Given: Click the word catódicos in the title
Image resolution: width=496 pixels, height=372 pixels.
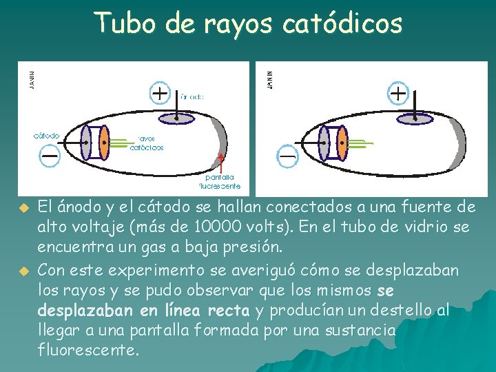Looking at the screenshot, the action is point(342,23).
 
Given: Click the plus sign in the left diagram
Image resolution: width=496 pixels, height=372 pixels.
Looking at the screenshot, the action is point(159,92).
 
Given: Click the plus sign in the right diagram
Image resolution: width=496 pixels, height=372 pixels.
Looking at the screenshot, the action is point(399,92).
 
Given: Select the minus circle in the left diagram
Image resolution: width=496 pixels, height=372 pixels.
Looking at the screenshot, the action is point(50,155).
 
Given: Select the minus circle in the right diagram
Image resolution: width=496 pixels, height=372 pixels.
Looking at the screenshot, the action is point(287,156).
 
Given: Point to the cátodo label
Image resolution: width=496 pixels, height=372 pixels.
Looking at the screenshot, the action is point(47,135).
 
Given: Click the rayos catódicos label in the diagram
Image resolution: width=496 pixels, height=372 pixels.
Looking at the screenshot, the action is point(147,143).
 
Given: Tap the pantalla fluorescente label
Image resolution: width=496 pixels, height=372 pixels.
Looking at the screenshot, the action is point(220,181).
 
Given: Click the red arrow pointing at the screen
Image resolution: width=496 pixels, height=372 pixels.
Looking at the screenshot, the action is point(221,163).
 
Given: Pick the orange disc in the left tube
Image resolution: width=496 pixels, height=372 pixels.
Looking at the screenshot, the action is point(103,144).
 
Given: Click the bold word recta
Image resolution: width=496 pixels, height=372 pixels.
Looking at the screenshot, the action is point(229,311).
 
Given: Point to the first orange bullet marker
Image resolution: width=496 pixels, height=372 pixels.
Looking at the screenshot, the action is point(23,207).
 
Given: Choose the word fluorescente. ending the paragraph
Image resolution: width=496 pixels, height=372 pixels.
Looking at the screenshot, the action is point(89,350).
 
